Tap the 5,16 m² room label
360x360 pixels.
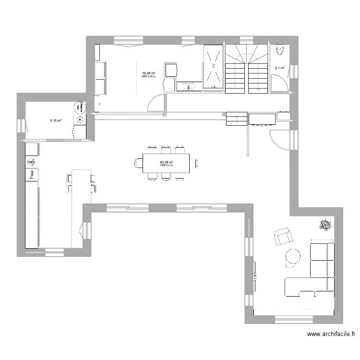(56, 120)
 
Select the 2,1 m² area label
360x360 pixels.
(279, 68)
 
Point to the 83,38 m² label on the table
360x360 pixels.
(167, 163)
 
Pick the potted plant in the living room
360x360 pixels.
(325, 224)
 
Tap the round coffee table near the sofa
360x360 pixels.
(293, 256)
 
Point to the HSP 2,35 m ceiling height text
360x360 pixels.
(149, 77)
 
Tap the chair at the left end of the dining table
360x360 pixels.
(139, 163)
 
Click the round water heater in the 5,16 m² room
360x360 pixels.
(79, 107)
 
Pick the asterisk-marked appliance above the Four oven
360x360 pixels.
(31, 161)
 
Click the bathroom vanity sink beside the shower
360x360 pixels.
(189, 86)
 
